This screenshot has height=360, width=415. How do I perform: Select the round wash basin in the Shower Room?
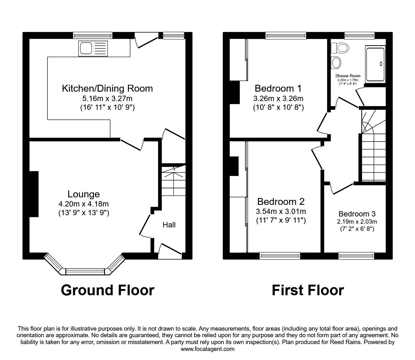(336, 62)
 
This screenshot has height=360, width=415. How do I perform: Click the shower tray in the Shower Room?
(375, 64)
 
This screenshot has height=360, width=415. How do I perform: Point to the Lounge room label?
(83, 194)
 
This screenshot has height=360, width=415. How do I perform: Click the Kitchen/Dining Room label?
(107, 89)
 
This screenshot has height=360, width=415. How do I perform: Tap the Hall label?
(169, 225)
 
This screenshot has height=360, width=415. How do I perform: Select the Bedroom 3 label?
(357, 214)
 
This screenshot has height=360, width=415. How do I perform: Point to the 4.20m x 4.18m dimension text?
(83, 204)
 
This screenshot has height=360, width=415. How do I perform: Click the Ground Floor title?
(107, 290)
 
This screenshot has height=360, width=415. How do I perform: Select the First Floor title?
(307, 290)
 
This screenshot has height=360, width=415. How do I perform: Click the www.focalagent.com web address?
(207, 349)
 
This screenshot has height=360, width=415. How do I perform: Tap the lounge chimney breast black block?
(34, 194)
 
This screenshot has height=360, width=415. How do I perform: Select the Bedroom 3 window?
(357, 256)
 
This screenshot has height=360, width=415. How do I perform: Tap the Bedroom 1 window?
(286, 36)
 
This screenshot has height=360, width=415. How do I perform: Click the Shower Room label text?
(347, 76)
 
